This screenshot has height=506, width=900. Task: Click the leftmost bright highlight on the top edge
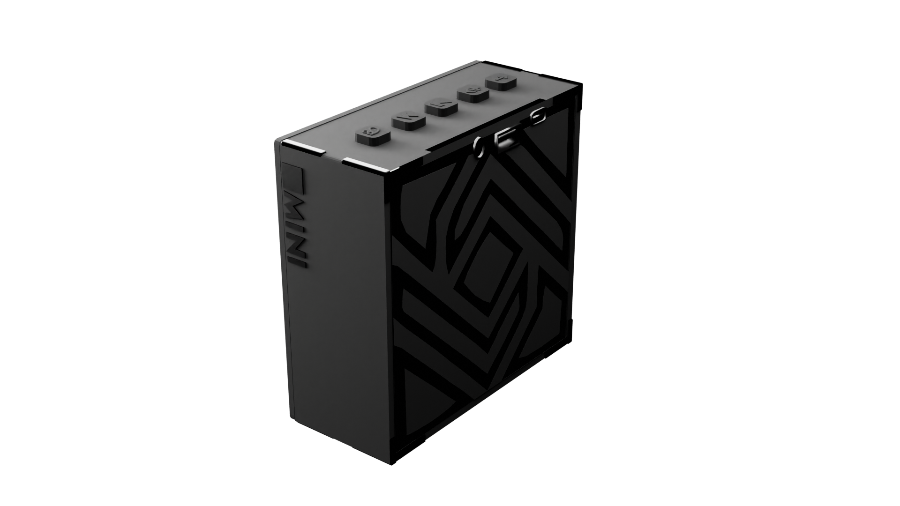click(305, 147)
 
